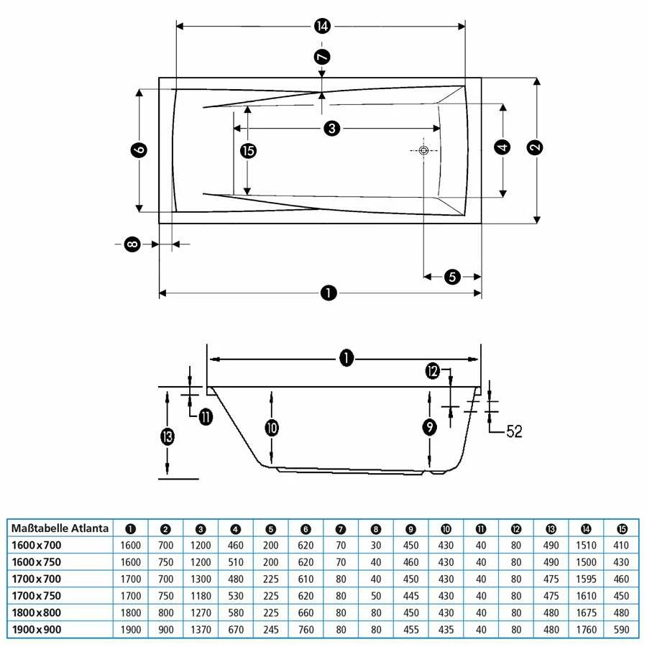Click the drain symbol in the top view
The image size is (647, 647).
(x=423, y=151)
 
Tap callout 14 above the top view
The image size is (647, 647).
(x=322, y=27)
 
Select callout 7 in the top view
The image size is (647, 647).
(x=322, y=57)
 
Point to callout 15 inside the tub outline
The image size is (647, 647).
(x=248, y=151)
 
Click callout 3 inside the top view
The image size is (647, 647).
(x=332, y=129)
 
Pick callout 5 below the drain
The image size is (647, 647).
(x=452, y=277)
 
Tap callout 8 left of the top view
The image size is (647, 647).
(x=132, y=244)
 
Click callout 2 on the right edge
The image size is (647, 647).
(x=535, y=147)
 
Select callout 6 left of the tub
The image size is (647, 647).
(x=139, y=150)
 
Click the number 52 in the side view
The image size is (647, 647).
(x=514, y=431)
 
